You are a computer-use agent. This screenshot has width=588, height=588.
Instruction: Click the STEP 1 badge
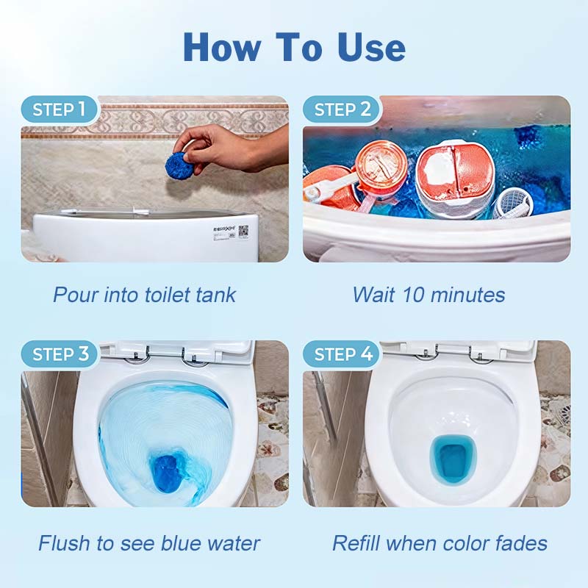(60, 110)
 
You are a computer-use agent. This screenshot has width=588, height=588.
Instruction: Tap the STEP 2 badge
(342, 110)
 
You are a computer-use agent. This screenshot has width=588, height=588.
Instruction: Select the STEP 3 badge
(60, 354)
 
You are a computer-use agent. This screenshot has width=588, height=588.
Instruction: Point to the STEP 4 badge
(342, 354)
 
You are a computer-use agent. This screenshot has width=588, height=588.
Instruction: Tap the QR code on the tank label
(243, 231)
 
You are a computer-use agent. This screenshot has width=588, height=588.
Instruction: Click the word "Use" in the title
(371, 47)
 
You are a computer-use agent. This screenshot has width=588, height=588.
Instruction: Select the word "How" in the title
(222, 47)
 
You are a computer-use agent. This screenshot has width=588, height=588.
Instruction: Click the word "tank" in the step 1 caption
(216, 295)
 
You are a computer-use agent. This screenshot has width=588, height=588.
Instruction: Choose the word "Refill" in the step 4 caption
(356, 543)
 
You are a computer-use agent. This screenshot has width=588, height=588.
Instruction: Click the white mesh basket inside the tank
(512, 204)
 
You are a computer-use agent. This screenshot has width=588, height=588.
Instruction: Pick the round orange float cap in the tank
(381, 164)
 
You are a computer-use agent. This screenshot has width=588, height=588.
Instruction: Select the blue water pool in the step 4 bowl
(453, 461)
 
